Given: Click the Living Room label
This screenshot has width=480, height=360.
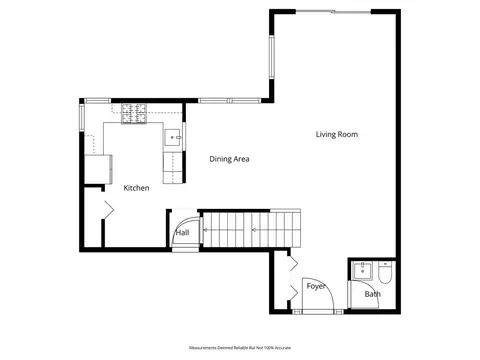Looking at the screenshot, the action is point(337,134).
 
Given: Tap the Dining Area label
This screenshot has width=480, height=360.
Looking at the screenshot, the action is point(229,159).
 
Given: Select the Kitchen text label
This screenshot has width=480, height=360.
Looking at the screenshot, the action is point(136,188).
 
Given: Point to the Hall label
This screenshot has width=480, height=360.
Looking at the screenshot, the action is point(183,233).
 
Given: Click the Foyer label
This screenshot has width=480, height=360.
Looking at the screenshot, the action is point(316,286).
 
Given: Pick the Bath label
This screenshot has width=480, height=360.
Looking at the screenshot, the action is point(373,294).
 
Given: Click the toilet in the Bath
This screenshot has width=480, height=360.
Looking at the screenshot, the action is point(385,272).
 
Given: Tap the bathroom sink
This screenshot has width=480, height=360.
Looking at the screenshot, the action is point(362,271).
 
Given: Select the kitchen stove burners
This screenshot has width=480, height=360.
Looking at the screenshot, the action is point(134,114).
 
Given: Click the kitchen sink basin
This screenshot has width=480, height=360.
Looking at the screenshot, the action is point(173,137).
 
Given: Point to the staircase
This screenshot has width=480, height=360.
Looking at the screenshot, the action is point(252,230).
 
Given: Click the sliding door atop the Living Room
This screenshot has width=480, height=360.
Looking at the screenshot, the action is point(333,12).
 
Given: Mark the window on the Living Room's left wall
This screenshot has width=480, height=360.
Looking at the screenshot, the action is point(272,57).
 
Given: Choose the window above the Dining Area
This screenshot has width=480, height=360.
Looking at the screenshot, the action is point(230,100).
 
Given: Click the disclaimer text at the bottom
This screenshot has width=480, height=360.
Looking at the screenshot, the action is point(240,348).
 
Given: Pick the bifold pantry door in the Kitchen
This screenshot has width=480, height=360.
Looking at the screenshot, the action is point(108,210).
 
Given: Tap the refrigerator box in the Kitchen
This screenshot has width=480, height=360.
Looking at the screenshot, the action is point(98,169).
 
